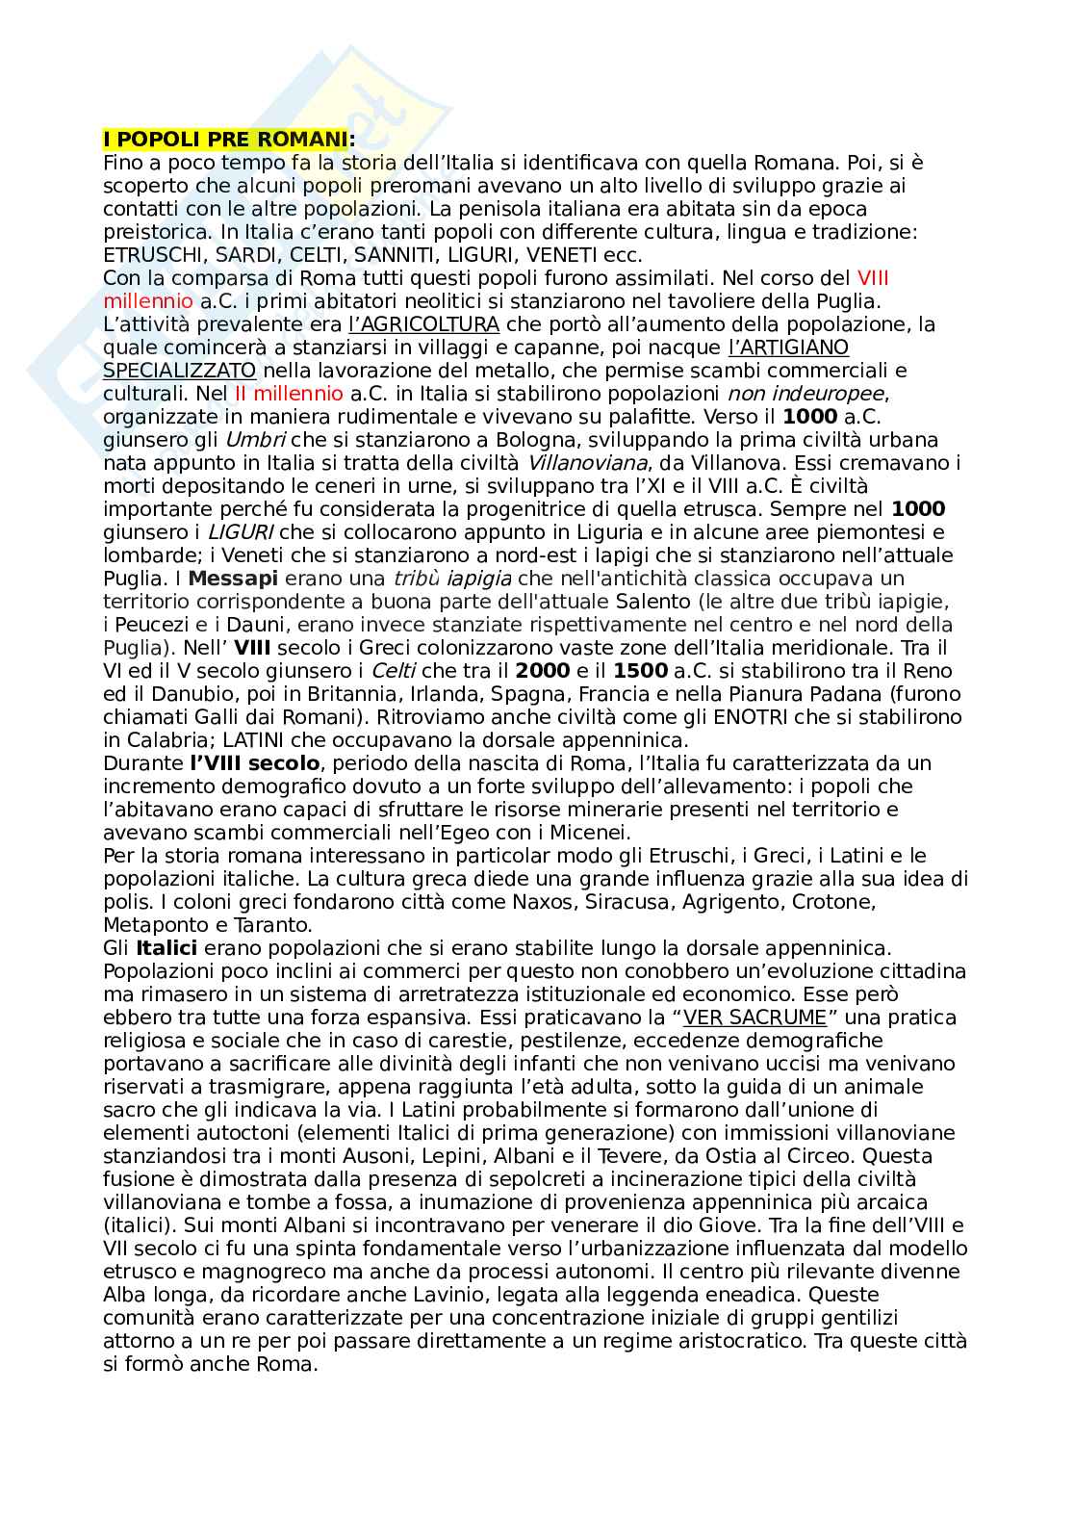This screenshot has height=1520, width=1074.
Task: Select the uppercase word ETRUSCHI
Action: (149, 255)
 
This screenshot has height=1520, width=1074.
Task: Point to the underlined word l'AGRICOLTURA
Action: (423, 324)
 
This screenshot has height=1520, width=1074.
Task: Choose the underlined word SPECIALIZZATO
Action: (180, 371)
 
